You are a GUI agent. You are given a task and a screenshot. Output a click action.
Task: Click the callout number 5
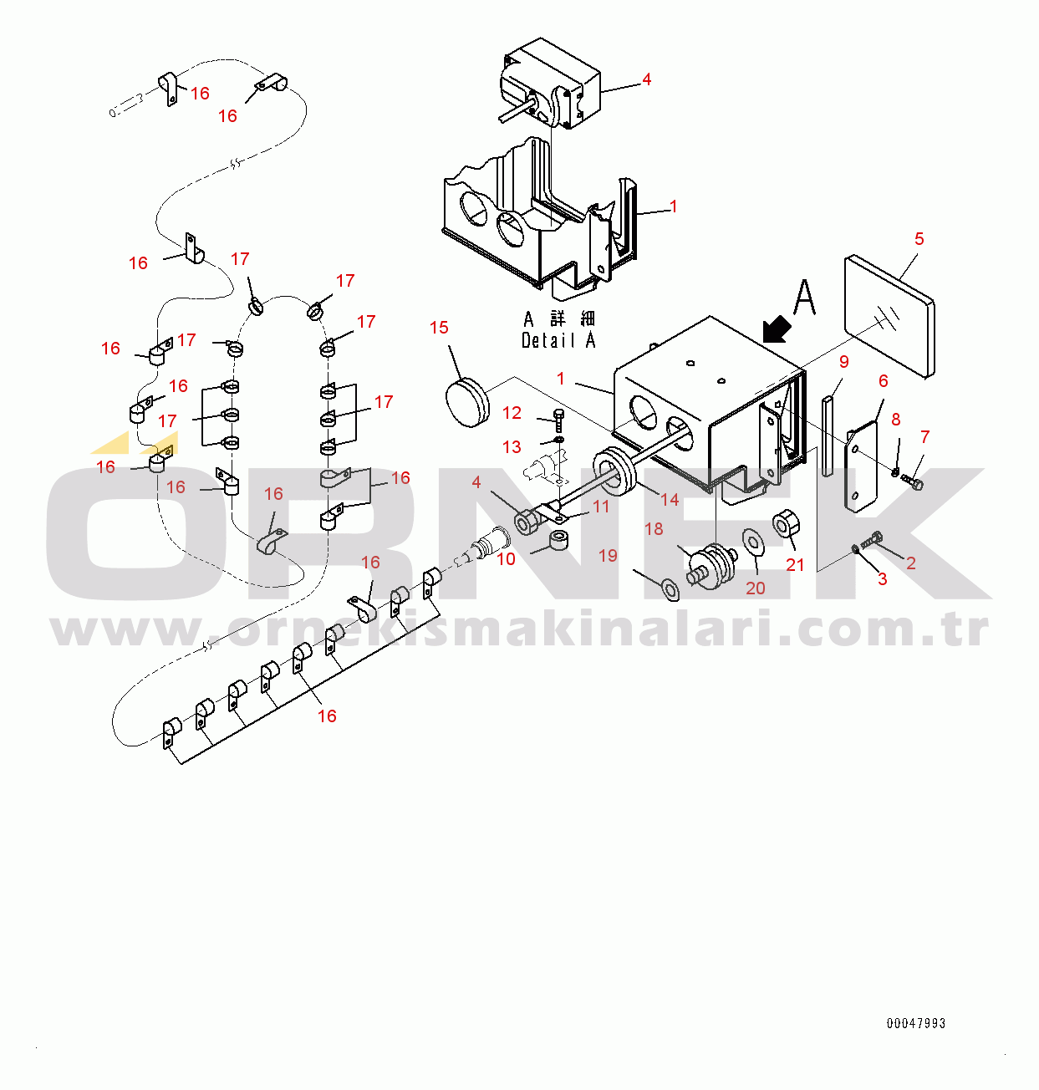[x=919, y=239]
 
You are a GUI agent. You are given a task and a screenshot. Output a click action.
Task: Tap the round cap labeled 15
[x=468, y=402]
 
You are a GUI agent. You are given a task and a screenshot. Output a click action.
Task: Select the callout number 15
[x=439, y=328]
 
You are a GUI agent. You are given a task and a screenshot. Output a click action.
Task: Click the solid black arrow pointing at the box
[x=777, y=329]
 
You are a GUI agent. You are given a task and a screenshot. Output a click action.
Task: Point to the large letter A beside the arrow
[x=805, y=298]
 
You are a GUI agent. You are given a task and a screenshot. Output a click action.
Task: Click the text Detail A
[x=558, y=340]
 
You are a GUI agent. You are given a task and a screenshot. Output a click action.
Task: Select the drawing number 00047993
[x=916, y=1023]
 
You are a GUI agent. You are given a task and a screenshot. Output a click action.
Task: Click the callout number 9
[x=844, y=362]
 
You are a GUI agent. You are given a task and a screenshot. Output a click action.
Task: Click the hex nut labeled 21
[x=787, y=524]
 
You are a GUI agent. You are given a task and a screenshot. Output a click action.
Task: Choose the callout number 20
[x=755, y=588]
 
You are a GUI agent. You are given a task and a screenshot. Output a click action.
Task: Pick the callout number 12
[x=512, y=412]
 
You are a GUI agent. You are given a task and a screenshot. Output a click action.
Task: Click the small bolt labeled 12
[x=559, y=420]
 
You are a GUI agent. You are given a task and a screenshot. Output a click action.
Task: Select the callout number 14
[x=670, y=500]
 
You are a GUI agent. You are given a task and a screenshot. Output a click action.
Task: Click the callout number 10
[x=506, y=559]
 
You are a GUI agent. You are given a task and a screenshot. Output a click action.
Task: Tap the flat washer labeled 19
[x=670, y=590]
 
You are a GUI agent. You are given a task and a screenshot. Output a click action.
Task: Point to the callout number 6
[x=884, y=381]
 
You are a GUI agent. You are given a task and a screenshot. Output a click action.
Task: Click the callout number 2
[x=911, y=563]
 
